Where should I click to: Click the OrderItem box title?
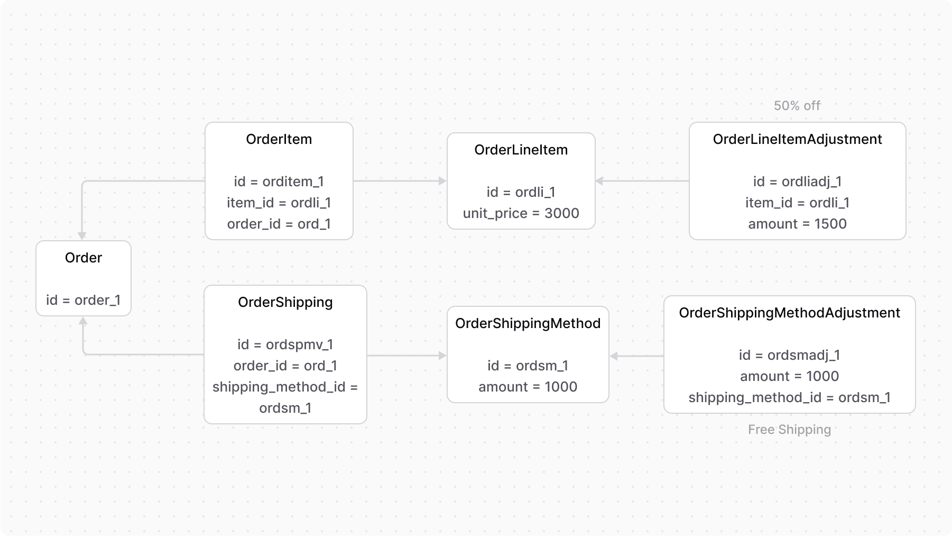tap(279, 139)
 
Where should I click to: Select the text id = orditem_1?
tap(279, 181)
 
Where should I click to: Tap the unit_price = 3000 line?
tap(521, 213)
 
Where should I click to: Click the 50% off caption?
tap(797, 106)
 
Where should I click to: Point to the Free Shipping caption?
tap(789, 430)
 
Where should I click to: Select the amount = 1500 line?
tap(797, 224)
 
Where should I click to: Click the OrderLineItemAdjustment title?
tap(797, 139)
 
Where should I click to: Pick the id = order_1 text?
tap(83, 300)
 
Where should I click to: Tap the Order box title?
tap(83, 258)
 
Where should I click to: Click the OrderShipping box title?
tap(285, 302)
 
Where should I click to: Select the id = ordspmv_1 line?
tap(285, 344)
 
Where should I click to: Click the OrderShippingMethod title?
tap(528, 323)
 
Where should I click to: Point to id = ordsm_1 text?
tap(528, 366)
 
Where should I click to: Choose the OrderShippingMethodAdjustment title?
tap(789, 313)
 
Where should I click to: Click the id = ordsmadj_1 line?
tap(789, 355)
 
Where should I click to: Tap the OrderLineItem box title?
tap(521, 150)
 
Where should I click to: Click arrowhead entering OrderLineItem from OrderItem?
tap(443, 181)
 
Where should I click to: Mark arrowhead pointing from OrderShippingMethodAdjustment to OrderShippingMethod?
tap(614, 356)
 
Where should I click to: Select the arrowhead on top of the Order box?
tap(82, 236)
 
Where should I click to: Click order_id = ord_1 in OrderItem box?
tap(279, 224)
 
